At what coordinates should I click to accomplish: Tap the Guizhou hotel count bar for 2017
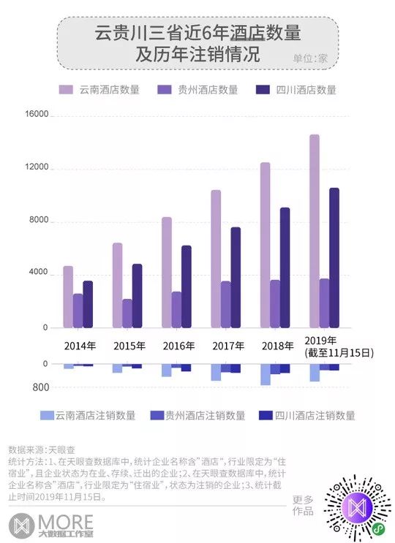(225, 304)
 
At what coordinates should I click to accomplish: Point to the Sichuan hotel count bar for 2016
(186, 286)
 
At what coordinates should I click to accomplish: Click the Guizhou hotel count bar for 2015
(127, 313)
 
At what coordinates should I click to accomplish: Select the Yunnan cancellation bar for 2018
(265, 373)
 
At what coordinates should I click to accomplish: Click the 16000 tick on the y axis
(37, 115)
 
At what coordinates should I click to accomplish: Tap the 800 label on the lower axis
(41, 387)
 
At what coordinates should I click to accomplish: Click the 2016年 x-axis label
(176, 345)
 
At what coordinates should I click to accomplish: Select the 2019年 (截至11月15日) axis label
(339, 346)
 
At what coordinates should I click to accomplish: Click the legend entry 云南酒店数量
(99, 90)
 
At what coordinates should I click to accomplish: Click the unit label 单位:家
(311, 58)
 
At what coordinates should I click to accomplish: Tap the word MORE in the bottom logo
(64, 522)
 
